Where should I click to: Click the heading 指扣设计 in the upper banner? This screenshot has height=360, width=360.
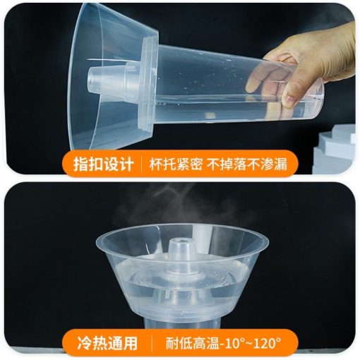click(104, 164)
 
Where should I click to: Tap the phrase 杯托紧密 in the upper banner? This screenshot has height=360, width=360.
click(176, 164)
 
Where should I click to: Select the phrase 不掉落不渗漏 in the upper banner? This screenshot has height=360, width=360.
click(247, 164)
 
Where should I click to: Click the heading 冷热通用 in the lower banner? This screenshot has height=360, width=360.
click(107, 343)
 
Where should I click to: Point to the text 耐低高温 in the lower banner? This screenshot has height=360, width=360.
click(193, 343)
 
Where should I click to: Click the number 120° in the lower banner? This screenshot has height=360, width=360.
click(268, 343)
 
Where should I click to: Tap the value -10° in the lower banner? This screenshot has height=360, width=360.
click(232, 343)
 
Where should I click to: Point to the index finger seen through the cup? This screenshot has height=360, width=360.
click(266, 76)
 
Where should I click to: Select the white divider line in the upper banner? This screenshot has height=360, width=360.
click(141, 164)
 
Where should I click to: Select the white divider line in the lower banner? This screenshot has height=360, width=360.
click(152, 343)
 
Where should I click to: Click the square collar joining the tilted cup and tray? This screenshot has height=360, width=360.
click(149, 83)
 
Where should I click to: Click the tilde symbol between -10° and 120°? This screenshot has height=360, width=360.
click(249, 343)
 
